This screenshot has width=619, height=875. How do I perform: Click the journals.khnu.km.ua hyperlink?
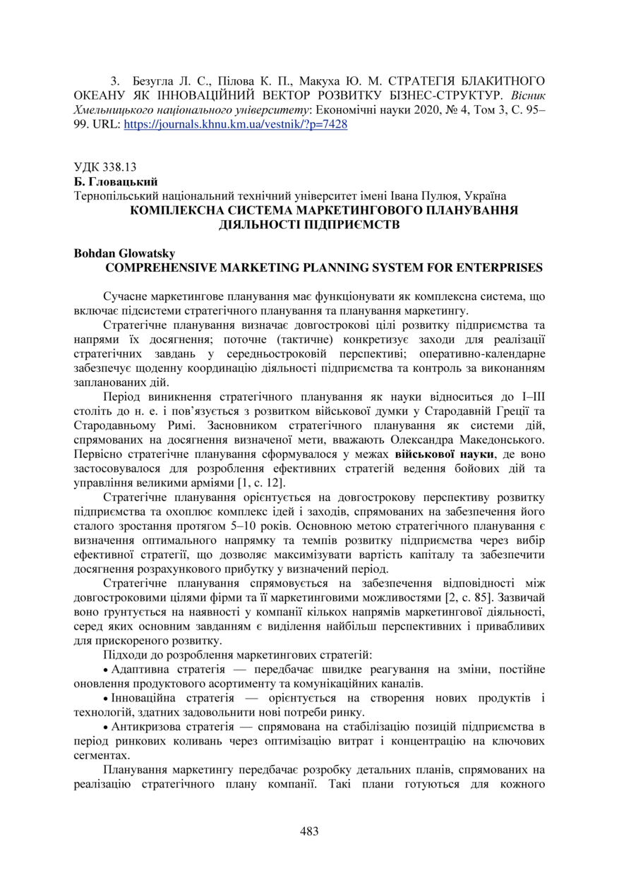(x=235, y=123)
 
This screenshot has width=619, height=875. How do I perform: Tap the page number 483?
(x=309, y=831)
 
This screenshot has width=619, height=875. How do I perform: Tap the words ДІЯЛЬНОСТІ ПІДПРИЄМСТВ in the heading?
(x=309, y=224)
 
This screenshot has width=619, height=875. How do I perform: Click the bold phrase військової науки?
(x=441, y=454)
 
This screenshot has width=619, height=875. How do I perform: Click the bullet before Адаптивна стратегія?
(x=106, y=668)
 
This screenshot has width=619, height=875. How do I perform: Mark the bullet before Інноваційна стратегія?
(x=106, y=697)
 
